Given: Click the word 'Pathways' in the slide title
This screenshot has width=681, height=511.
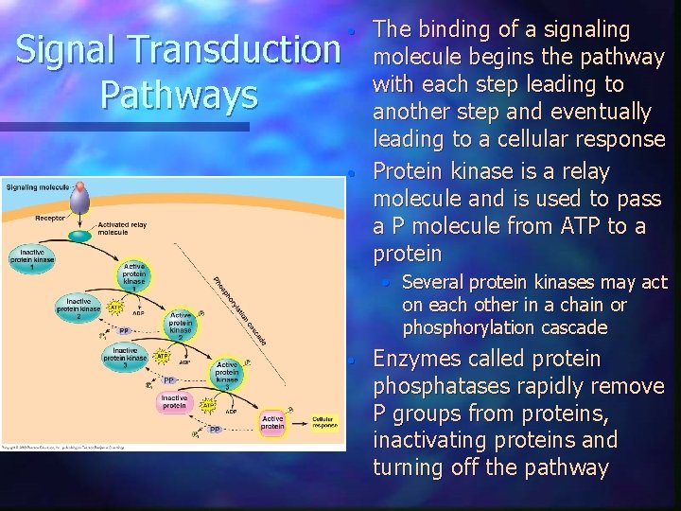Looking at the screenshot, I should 166,95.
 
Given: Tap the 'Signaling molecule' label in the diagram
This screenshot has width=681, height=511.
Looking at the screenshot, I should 37,187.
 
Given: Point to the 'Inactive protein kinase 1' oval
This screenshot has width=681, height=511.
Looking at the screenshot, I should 31,256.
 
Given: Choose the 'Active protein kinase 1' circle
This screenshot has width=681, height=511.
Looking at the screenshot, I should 134,276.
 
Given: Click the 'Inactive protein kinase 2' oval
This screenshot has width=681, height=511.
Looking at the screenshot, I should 78,305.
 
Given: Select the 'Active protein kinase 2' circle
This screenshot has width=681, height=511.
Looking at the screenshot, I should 180,324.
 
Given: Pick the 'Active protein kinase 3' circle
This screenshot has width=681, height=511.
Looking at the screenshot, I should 227,373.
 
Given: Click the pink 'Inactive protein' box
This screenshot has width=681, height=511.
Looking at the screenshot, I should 174,402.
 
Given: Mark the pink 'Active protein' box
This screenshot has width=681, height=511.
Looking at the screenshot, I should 272,422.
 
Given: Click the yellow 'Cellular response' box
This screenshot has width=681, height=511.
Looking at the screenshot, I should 324,422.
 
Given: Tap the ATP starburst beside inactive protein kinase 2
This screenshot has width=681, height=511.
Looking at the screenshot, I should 115,308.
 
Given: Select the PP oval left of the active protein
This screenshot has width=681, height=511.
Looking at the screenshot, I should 215,430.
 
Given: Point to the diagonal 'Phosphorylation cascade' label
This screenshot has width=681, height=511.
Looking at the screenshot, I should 239,309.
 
